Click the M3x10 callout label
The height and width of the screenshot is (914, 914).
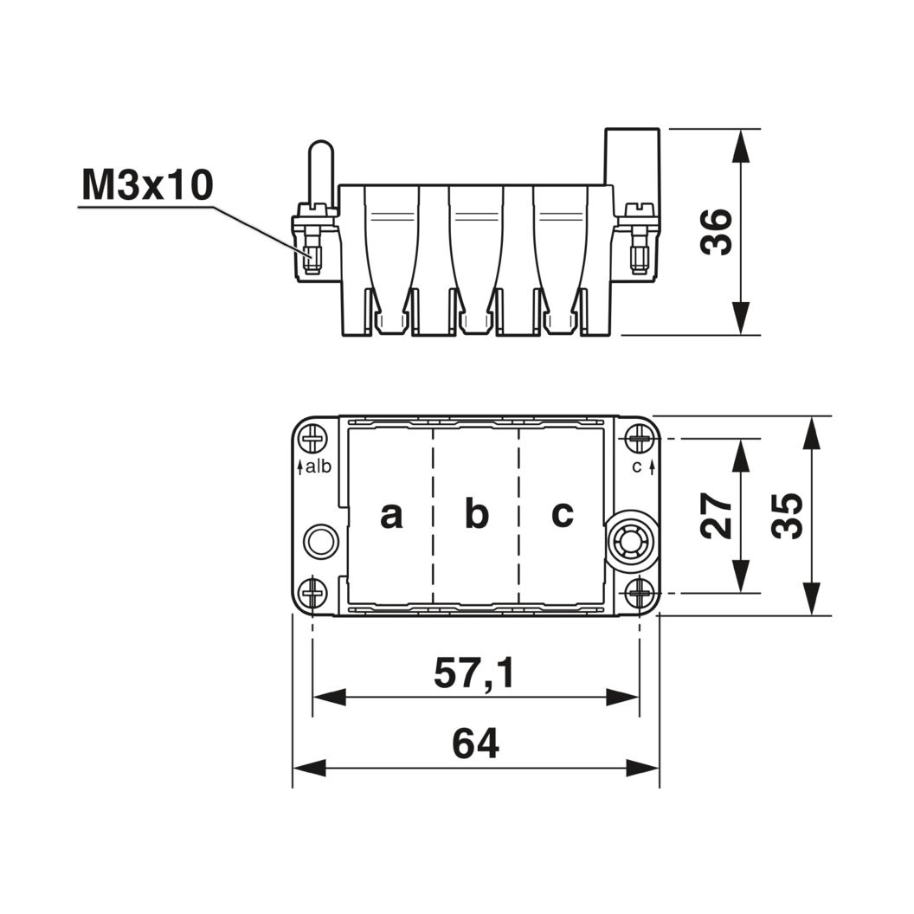(147, 185)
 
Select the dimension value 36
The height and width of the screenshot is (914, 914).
(716, 231)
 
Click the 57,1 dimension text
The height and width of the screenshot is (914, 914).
(474, 673)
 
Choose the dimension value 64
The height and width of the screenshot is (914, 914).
(476, 743)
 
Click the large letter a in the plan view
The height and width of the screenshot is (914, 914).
(391, 515)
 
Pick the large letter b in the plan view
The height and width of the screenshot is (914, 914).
(477, 513)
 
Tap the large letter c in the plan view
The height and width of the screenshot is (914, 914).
(563, 514)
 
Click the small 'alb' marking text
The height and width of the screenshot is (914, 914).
(319, 467)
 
